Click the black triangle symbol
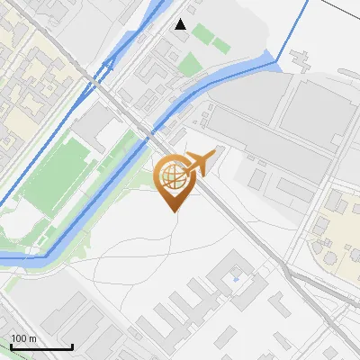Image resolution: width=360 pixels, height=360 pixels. tap(181, 24)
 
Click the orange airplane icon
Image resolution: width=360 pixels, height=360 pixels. tap(198, 163)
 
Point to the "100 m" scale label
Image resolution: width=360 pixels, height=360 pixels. tap(24, 338)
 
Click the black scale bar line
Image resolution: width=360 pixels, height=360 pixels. tap(41, 347)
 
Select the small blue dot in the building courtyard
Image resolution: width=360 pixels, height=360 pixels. tap(236, 279)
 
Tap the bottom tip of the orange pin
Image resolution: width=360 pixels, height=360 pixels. tap(173, 211)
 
